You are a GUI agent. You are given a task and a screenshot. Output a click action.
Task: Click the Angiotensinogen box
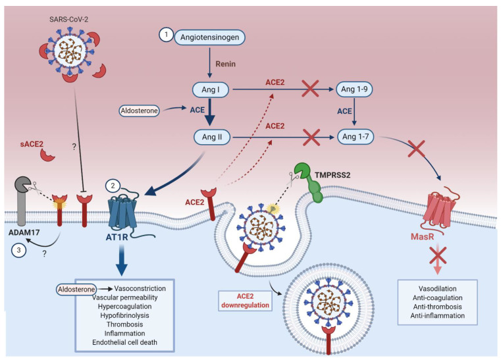pos(209,38)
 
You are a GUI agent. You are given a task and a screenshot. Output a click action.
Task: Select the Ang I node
pos(211,90)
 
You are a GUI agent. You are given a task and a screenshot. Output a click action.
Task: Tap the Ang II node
pos(212,138)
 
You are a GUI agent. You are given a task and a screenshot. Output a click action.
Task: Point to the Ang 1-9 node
pos(354,89)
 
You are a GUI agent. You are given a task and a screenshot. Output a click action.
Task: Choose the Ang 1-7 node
pos(356,137)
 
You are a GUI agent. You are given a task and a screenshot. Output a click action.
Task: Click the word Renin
pos(226,64)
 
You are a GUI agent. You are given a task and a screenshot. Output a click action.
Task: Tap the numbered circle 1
pos(166,34)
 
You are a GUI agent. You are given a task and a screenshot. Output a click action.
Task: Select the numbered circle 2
pos(113,186)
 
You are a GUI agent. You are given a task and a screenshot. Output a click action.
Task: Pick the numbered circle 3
pos(18,250)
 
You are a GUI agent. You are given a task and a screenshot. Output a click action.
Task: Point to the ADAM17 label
pos(24,232)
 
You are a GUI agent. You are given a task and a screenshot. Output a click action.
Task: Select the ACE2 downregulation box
pos(245,301)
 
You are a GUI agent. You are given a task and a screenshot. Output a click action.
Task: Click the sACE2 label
pos(32,144)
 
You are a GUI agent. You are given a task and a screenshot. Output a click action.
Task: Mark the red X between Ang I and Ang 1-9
pos(310,89)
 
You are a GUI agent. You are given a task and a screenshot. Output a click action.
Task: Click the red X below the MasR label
pos(438,255)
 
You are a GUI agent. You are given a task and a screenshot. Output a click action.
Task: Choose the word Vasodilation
pos(437,289)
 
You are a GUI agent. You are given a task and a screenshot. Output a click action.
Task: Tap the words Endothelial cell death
pos(124,342)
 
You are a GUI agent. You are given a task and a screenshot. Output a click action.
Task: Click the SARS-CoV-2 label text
pos(68,20)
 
